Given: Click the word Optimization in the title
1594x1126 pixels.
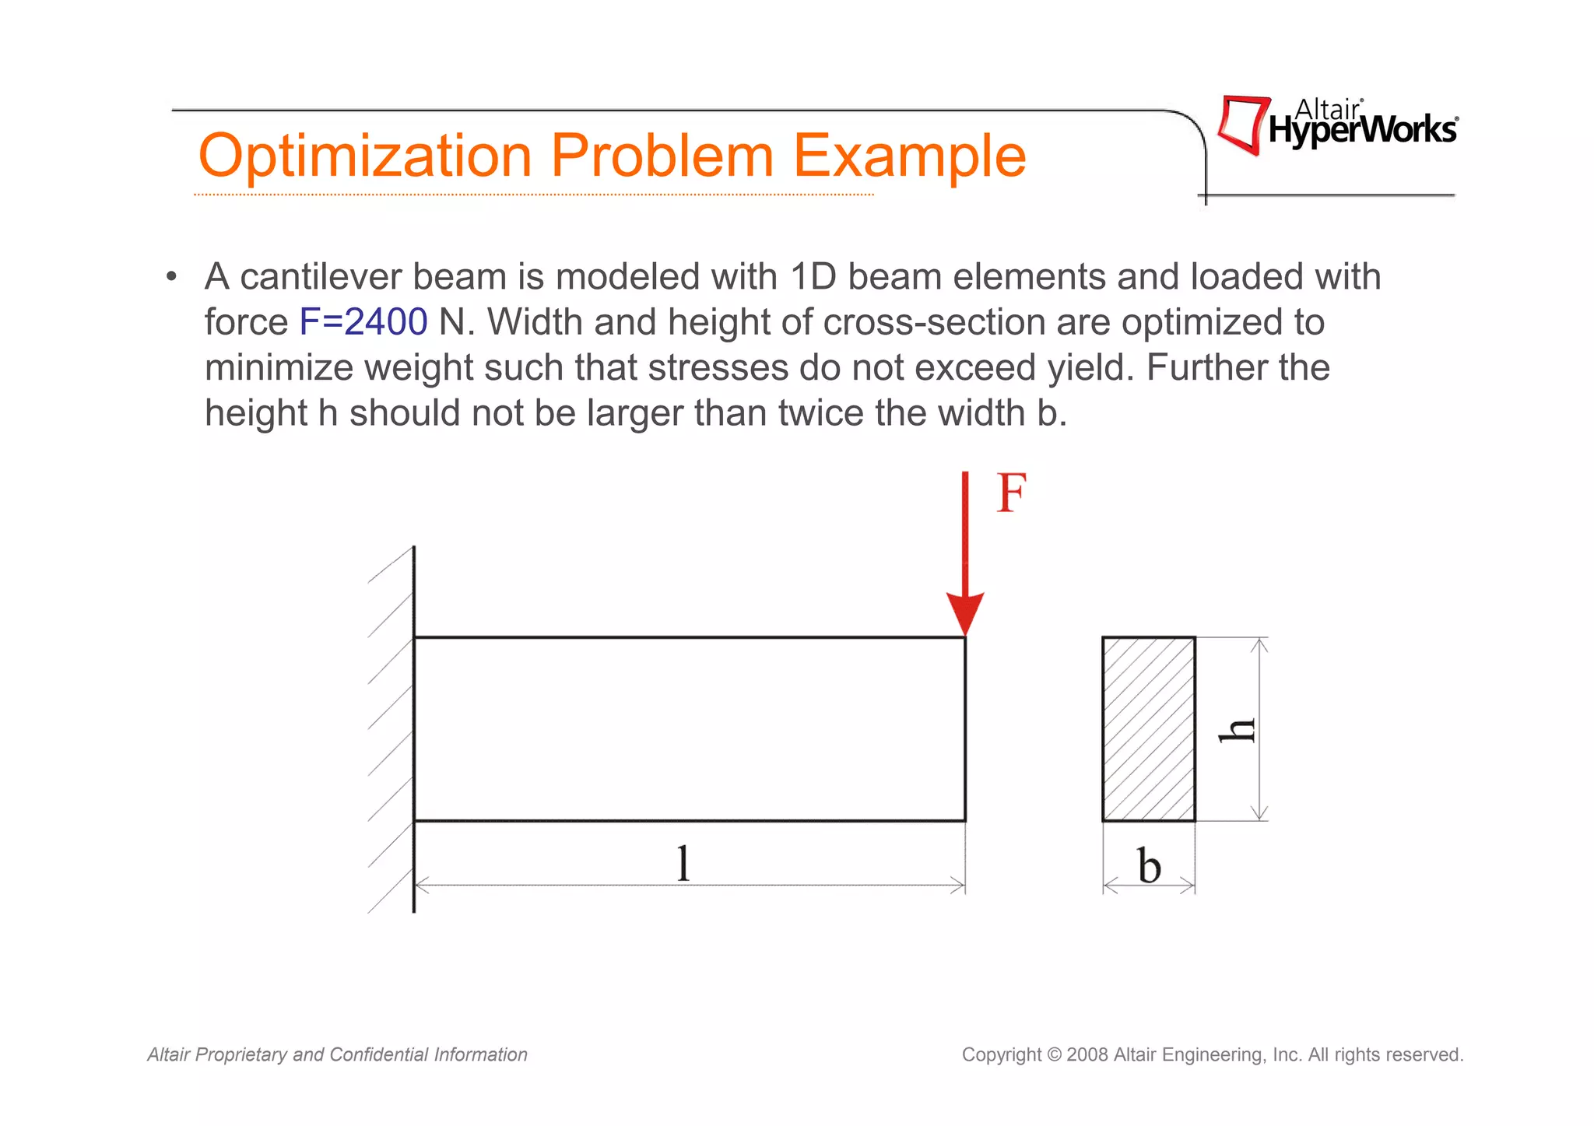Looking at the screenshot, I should (365, 156).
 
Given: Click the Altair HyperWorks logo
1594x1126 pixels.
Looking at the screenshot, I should (1337, 125).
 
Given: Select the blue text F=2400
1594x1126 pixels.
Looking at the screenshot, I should (363, 322).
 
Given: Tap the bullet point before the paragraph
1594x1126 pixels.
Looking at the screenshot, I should (172, 278).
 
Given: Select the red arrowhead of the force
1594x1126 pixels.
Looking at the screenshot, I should (965, 613).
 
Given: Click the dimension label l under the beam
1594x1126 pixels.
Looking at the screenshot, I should (683, 864).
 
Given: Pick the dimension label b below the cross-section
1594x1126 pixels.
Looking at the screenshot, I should (1149, 866).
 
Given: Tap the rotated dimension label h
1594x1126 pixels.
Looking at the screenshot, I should (1238, 730).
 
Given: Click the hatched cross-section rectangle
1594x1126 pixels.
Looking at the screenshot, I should (1149, 729).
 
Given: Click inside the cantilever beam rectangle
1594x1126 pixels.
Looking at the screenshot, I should (689, 729).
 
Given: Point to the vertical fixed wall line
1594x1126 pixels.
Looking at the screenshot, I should (413, 729).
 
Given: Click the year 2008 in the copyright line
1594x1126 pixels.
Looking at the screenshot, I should (1087, 1055).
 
